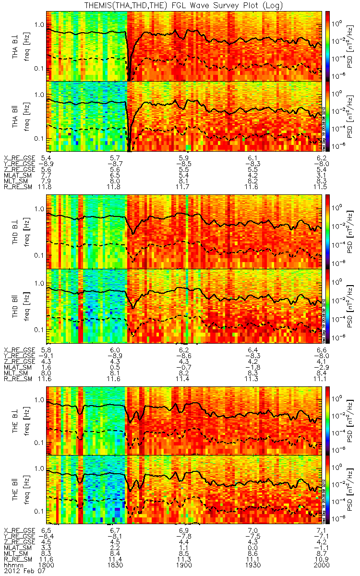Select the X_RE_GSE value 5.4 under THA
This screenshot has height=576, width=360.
point(47,158)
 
